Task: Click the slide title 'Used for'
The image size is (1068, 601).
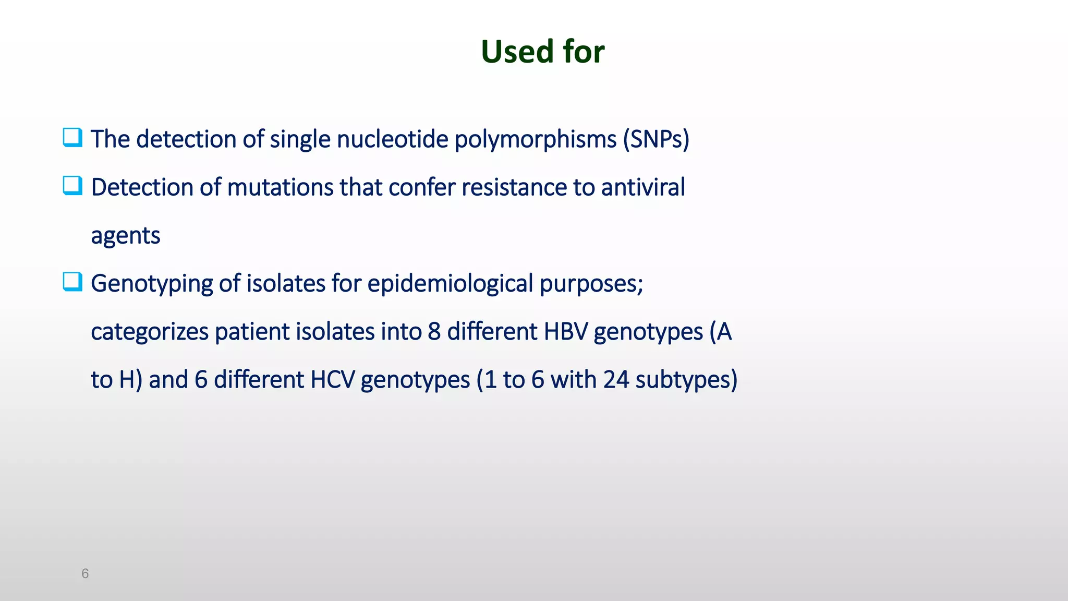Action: click(x=542, y=52)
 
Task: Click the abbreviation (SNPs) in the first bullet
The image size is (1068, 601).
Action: click(x=656, y=139)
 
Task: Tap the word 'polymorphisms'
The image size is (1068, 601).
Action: click(x=535, y=139)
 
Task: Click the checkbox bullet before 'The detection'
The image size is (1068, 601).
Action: click(x=72, y=138)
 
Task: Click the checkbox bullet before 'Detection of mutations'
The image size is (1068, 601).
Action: click(x=72, y=186)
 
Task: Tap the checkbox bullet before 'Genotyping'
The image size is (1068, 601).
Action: click(x=72, y=282)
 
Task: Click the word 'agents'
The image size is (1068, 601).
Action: click(x=125, y=236)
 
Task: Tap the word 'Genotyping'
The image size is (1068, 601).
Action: click(x=151, y=284)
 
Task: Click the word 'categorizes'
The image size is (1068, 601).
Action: click(x=149, y=332)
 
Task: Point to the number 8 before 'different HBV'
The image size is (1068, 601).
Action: click(x=434, y=332)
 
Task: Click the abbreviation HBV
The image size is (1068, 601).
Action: click(x=565, y=332)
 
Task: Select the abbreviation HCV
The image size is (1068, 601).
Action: click(x=332, y=380)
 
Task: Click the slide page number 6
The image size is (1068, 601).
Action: click(x=85, y=574)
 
